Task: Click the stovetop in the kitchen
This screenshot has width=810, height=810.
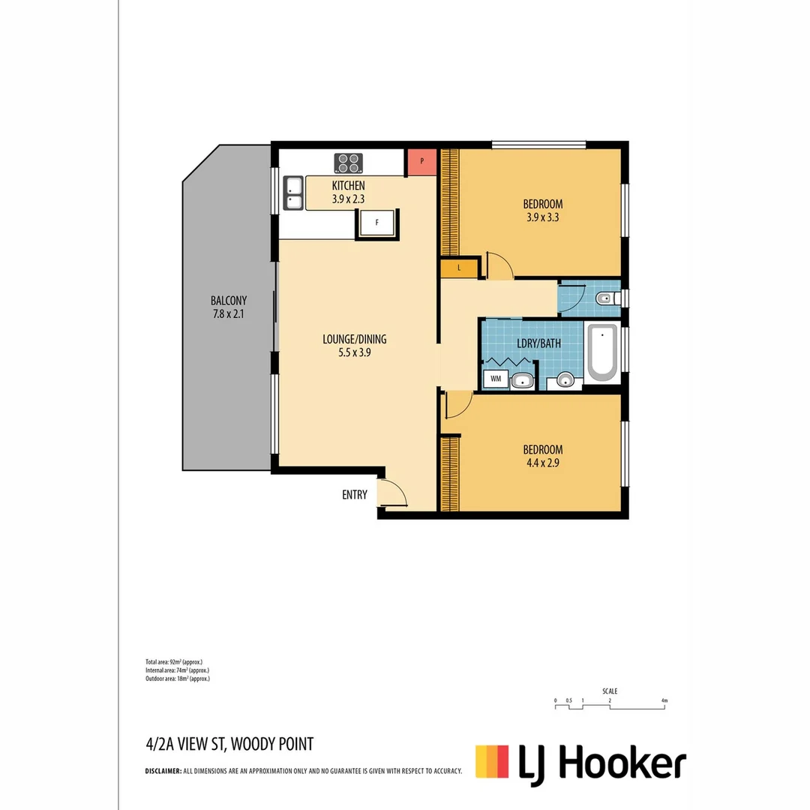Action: [348, 163]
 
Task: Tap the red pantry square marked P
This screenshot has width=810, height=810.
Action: [421, 161]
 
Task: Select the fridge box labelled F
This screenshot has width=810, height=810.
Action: [377, 223]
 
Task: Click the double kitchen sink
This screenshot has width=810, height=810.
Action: [292, 193]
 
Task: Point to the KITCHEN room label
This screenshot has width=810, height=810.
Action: [348, 185]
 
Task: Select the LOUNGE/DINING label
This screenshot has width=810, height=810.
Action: [355, 339]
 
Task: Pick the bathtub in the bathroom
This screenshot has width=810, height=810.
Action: [601, 352]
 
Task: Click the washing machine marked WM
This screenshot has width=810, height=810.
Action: [496, 379]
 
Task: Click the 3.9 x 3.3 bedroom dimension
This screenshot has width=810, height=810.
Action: [543, 218]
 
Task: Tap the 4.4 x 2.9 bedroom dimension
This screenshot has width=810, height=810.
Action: [542, 463]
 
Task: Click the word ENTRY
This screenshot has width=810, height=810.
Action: [355, 495]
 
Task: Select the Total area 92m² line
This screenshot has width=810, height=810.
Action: [174, 662]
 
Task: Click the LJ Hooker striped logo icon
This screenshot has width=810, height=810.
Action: [492, 760]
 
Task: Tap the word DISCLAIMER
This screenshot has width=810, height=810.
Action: [163, 770]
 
